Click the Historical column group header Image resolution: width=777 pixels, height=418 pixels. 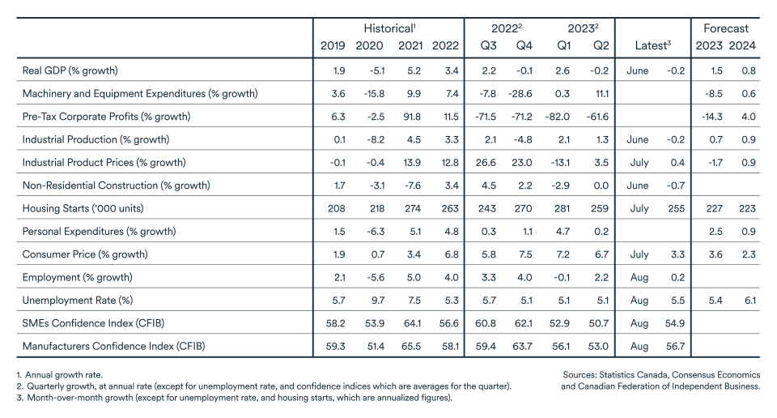(x=388, y=28)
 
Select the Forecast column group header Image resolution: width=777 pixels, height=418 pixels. (x=725, y=28)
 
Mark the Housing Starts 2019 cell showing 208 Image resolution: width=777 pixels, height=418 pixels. (x=334, y=208)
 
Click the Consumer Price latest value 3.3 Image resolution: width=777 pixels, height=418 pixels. (x=676, y=254)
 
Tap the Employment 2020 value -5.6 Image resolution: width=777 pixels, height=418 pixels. (x=371, y=277)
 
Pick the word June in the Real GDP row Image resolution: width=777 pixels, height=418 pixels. (x=637, y=70)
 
